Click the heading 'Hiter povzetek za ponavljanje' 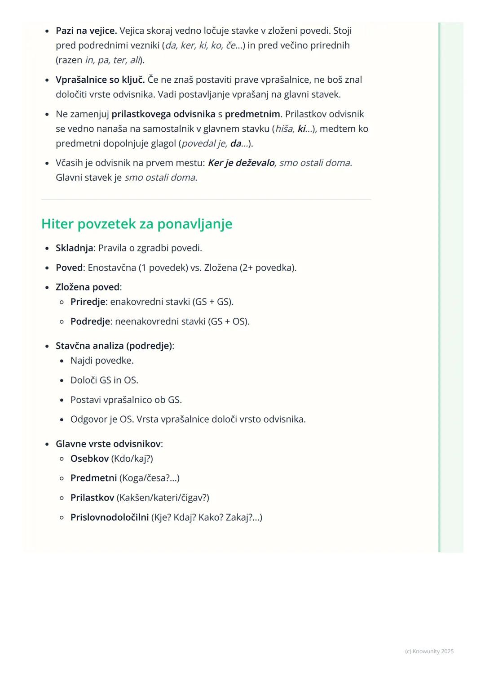click(x=137, y=224)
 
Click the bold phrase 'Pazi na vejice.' click(x=86, y=31)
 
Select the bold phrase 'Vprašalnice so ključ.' click(x=100, y=80)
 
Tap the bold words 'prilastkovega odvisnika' click(x=163, y=114)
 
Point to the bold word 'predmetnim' click(x=252, y=114)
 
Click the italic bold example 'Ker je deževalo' click(x=241, y=163)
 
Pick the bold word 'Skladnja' click(x=74, y=248)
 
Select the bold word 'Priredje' click(x=88, y=302)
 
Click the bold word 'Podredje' click(x=90, y=321)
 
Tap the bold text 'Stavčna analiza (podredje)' click(x=114, y=346)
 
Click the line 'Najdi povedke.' click(x=102, y=361)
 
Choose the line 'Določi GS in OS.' click(x=104, y=380)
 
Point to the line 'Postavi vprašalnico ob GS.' click(x=126, y=400)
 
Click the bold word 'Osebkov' click(x=89, y=459)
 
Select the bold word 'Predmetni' click(x=93, y=478)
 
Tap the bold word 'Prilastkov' click(x=92, y=498)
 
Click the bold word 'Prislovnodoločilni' click(x=110, y=517)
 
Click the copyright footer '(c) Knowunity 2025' click(x=429, y=651)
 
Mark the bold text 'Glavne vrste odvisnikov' click(x=108, y=444)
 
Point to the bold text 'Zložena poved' click(x=88, y=287)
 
